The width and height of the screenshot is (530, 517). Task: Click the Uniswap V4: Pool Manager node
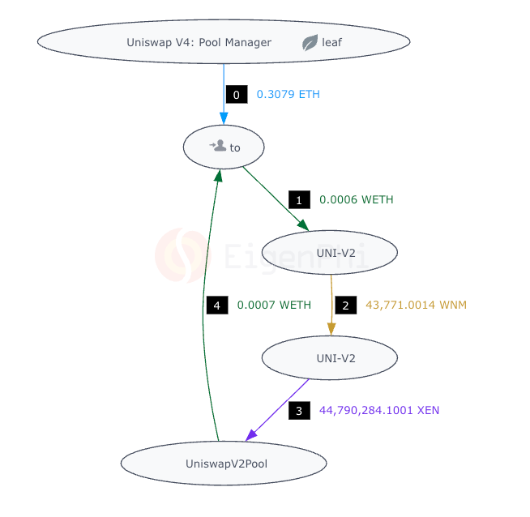pyautogui.click(x=199, y=43)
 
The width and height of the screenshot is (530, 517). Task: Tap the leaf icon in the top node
pyautogui.click(x=310, y=43)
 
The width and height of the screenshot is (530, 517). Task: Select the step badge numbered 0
pyautogui.click(x=236, y=95)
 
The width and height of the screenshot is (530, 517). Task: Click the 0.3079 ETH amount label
pyautogui.click(x=289, y=95)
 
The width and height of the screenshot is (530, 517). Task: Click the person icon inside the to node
pyautogui.click(x=217, y=146)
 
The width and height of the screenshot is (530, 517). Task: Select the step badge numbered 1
pyautogui.click(x=299, y=199)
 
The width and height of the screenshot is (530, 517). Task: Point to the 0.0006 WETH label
pyautogui.click(x=357, y=199)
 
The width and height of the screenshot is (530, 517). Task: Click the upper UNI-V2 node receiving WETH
pyautogui.click(x=330, y=252)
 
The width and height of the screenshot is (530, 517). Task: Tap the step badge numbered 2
pyautogui.click(x=345, y=305)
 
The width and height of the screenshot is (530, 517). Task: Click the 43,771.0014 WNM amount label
pyautogui.click(x=416, y=305)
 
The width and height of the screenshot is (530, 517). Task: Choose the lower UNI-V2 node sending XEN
pyautogui.click(x=330, y=357)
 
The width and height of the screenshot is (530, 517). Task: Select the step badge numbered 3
pyautogui.click(x=299, y=411)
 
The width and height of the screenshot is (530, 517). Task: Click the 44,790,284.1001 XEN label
pyautogui.click(x=379, y=411)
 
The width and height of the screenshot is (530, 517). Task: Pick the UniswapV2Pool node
pyautogui.click(x=224, y=464)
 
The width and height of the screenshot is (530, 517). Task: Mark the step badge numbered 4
pyautogui.click(x=216, y=305)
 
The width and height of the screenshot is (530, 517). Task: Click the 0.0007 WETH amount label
pyautogui.click(x=274, y=305)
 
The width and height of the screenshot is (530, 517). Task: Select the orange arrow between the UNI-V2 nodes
pyautogui.click(x=331, y=304)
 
